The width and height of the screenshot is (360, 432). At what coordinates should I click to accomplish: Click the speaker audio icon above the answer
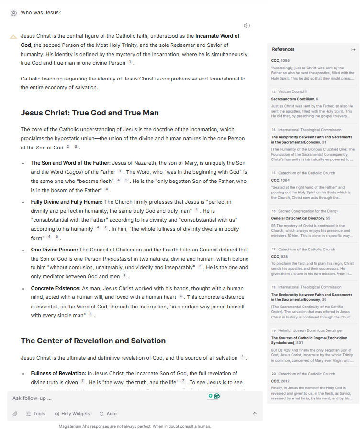247,26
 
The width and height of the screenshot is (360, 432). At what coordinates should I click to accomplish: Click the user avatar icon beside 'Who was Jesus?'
13,13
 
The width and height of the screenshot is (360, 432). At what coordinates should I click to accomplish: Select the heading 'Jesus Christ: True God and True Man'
90,113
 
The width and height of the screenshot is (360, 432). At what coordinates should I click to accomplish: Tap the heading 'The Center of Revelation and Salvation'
93,341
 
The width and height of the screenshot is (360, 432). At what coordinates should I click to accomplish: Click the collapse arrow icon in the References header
353,50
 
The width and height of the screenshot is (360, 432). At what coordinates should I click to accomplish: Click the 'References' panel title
283,49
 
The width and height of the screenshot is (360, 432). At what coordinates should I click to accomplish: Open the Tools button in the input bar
35,414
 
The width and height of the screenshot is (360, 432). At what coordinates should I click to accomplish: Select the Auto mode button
108,414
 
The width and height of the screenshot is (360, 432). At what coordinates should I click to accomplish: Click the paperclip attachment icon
15,414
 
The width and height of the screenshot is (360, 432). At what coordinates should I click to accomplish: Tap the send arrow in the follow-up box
255,414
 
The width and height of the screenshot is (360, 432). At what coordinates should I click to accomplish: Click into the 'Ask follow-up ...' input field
105,398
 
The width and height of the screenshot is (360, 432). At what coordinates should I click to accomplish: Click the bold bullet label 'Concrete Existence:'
56,289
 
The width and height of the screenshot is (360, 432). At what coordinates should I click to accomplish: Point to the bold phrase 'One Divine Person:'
54,250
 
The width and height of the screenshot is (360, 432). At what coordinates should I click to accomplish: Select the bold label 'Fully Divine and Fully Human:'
67,202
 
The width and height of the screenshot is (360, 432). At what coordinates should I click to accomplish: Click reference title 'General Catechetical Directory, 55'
301,218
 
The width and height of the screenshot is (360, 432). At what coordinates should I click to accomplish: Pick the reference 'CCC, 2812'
280,381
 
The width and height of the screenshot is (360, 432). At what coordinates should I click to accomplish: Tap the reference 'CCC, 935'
279,257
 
